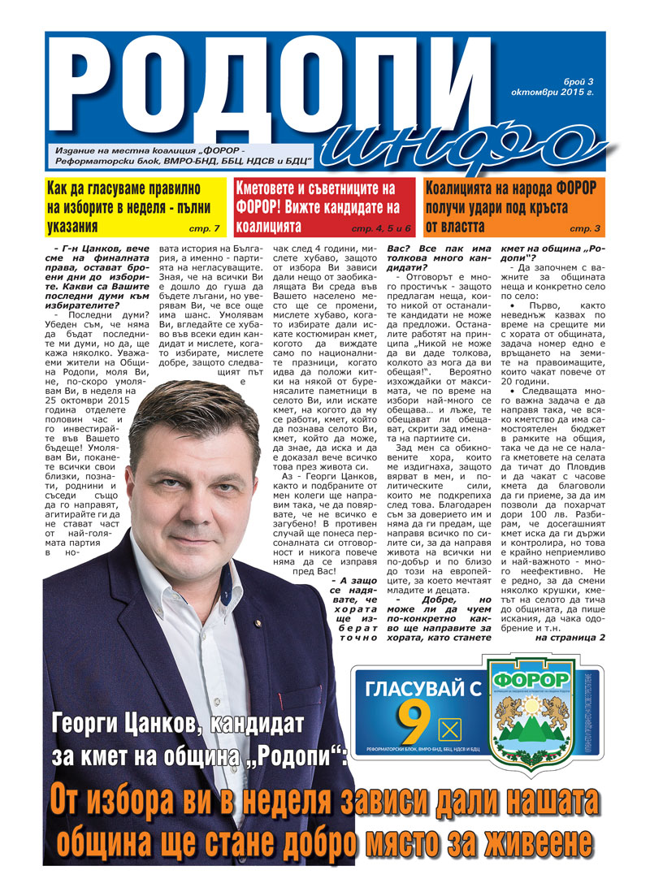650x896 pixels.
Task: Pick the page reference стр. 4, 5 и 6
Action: coord(383,228)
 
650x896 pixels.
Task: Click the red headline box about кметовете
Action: coord(323,206)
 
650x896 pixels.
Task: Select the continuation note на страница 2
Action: coord(570,637)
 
